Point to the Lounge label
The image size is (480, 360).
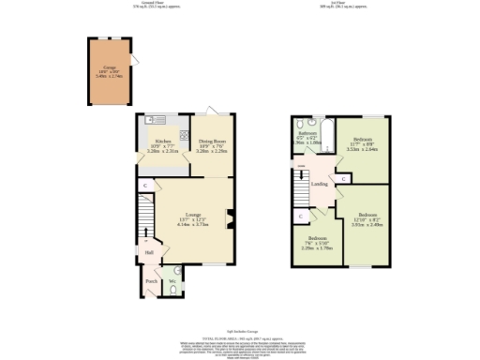pos(193,215)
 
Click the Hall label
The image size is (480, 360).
pos(149,252)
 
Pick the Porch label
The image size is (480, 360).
pos(151,279)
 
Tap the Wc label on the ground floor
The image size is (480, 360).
pos(172,280)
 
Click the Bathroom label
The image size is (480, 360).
pos(307,133)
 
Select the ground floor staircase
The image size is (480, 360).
pos(146,225)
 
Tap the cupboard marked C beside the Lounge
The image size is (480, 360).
pos(145,186)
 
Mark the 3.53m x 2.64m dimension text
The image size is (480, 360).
pos(362,148)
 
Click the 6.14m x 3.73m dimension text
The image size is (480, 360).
pos(193,225)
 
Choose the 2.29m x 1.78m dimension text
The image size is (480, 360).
pos(316,247)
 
